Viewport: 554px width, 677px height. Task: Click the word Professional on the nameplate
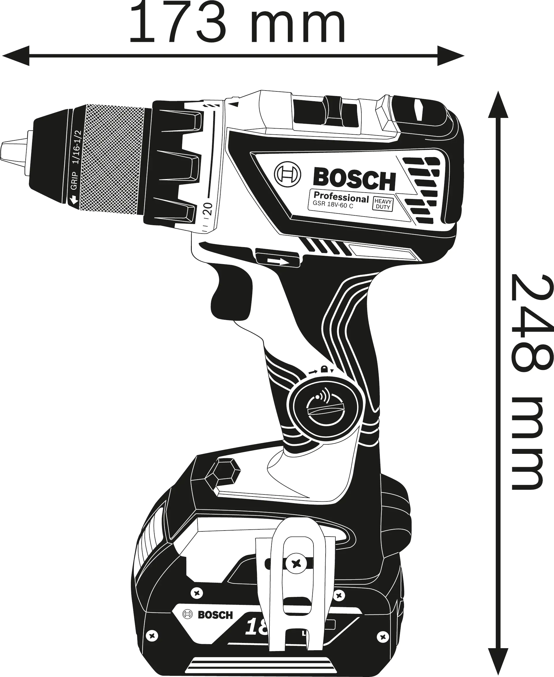tap(341, 197)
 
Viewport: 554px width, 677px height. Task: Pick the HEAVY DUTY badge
tap(383, 204)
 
